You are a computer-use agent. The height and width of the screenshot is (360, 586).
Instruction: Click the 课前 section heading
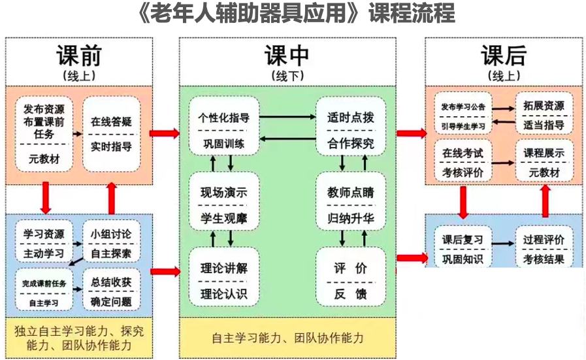pyautogui.click(x=79, y=56)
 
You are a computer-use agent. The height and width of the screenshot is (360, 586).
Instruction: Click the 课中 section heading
pyautogui.click(x=287, y=56)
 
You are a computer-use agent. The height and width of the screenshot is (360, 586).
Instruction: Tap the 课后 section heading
pyautogui.click(x=503, y=56)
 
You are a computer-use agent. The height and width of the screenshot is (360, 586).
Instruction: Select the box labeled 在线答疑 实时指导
pyautogui.click(x=111, y=134)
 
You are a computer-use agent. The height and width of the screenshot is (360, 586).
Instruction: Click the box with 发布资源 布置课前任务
pyautogui.click(x=44, y=134)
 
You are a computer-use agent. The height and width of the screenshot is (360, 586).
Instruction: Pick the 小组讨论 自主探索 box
pyautogui.click(x=111, y=242)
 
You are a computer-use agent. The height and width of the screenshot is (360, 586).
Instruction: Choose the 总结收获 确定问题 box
pyautogui.click(x=111, y=291)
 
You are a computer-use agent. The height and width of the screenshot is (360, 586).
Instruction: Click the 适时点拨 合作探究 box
pyautogui.click(x=351, y=130)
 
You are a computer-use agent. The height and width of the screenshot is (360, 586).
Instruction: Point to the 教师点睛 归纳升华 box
pyautogui.click(x=351, y=205)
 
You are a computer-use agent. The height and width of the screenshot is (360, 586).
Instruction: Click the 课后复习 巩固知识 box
pyautogui.click(x=463, y=249)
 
